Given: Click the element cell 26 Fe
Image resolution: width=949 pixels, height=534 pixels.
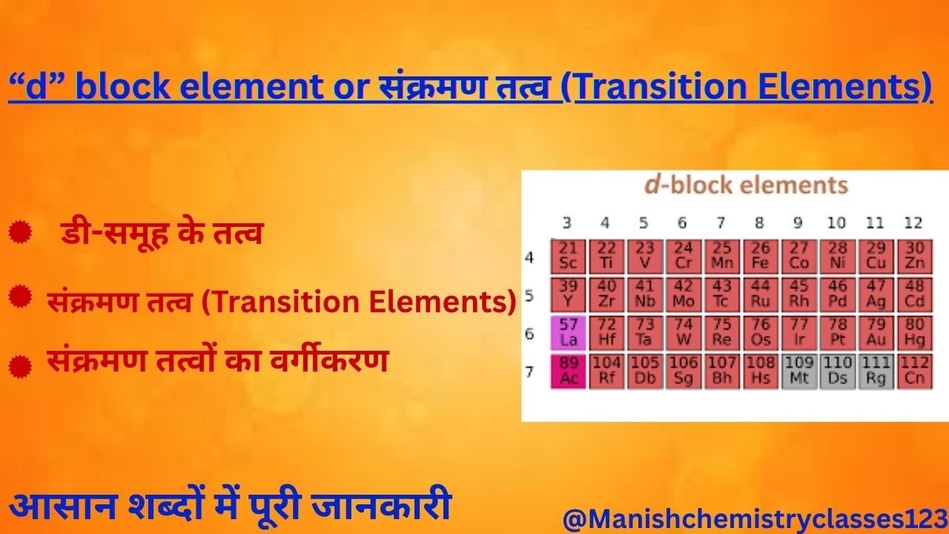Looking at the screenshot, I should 760,256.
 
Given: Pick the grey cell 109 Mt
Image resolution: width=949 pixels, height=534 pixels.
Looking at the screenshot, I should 798,371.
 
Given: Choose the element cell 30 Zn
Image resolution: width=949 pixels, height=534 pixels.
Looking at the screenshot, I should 915,256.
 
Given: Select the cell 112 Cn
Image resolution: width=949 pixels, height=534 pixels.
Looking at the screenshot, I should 915,371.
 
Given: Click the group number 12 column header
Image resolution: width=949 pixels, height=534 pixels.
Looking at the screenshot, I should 913,222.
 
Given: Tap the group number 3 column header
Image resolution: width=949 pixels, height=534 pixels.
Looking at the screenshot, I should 567,222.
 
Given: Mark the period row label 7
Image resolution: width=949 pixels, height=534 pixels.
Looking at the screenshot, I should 529,371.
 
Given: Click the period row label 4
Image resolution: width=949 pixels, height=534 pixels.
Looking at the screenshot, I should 529,257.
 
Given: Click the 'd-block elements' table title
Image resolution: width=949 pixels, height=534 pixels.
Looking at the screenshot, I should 746,185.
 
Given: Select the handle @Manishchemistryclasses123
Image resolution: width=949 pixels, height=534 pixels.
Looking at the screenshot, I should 755,518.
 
